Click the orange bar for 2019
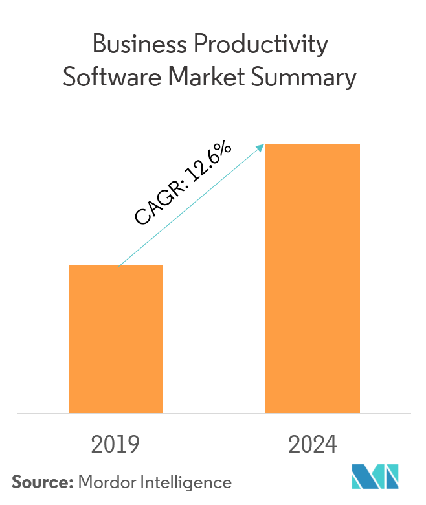coord(115,338)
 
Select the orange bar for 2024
coord(313,278)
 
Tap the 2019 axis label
coord(115,445)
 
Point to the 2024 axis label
coord(313,445)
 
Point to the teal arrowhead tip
coord(264,144)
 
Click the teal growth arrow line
coord(191,205)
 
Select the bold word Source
coord(39,482)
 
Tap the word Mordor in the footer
coord(106,482)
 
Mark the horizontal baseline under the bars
coord(214,413)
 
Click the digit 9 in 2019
coord(133,445)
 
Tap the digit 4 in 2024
coord(330,445)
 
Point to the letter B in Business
coord(99,46)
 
